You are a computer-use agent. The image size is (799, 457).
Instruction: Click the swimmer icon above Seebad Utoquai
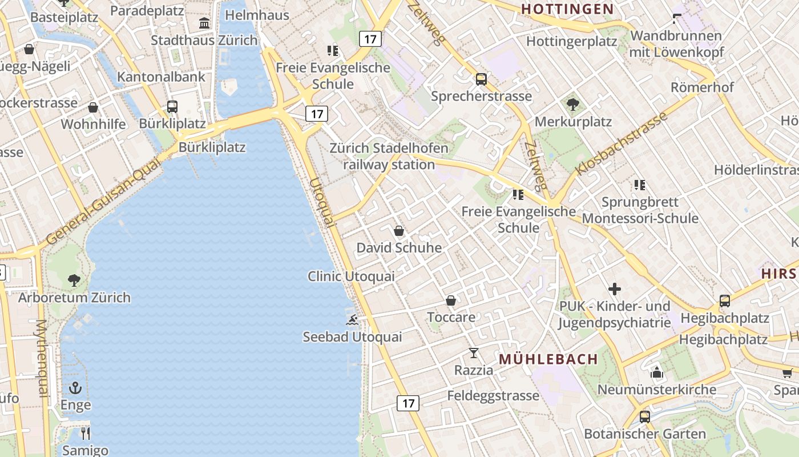pyautogui.click(x=352, y=319)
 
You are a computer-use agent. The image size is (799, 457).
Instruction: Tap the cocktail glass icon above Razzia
pyautogui.click(x=474, y=353)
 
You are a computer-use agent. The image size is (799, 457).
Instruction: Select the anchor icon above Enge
pyautogui.click(x=76, y=388)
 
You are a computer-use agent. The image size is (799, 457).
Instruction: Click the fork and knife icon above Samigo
pyautogui.click(x=86, y=433)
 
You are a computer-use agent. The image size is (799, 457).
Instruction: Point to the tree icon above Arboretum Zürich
pyautogui.click(x=74, y=280)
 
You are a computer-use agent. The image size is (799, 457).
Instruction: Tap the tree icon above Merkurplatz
pyautogui.click(x=572, y=105)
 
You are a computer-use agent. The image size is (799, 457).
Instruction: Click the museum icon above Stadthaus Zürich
pyautogui.click(x=204, y=23)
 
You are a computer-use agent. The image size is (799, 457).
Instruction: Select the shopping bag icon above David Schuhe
pyautogui.click(x=399, y=231)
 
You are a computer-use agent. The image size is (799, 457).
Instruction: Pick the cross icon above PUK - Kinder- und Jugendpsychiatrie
pyautogui.click(x=615, y=289)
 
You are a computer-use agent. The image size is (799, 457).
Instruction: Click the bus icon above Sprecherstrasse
pyautogui.click(x=481, y=79)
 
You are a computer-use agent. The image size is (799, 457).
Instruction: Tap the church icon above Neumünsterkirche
pyautogui.click(x=656, y=372)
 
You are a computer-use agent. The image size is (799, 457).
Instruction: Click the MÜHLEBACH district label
pyautogui.click(x=548, y=359)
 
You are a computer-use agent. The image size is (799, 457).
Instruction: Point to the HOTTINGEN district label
pyautogui.click(x=567, y=9)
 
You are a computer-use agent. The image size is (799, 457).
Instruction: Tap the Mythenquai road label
pyautogui.click(x=43, y=358)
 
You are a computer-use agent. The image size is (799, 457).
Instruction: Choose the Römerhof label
pyautogui.click(x=702, y=87)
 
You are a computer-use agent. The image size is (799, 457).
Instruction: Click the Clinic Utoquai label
pyautogui.click(x=351, y=276)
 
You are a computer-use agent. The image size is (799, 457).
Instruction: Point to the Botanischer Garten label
pyautogui.click(x=645, y=434)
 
